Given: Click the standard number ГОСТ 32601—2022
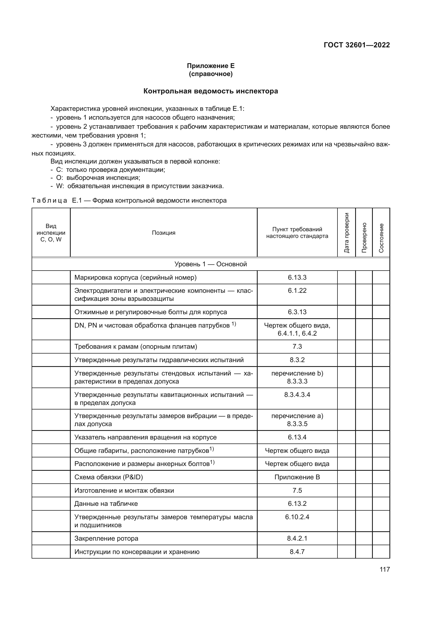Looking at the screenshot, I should click(356, 45).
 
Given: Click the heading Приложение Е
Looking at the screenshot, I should click(211, 66).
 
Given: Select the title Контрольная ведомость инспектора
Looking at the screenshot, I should click(211, 91).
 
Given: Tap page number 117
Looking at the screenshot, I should click(385, 569).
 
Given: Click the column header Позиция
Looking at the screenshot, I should click(163, 233).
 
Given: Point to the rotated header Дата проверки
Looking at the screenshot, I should click(346, 233).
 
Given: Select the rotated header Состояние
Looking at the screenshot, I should click(381, 238).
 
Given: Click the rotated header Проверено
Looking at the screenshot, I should click(364, 237).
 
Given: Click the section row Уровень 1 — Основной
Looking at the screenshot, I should click(211, 264).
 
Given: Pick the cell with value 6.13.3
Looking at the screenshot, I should click(297, 277).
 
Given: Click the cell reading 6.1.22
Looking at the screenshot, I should click(297, 290).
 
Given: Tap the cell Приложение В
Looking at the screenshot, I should click(297, 477).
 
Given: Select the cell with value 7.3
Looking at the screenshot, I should click(297, 346).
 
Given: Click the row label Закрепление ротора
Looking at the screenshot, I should click(106, 538).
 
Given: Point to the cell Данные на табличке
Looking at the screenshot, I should click(106, 503).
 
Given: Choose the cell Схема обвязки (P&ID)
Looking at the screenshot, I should click(108, 477).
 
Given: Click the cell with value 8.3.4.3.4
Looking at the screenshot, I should click(297, 394).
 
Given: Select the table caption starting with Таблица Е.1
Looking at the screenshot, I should click(129, 200).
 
